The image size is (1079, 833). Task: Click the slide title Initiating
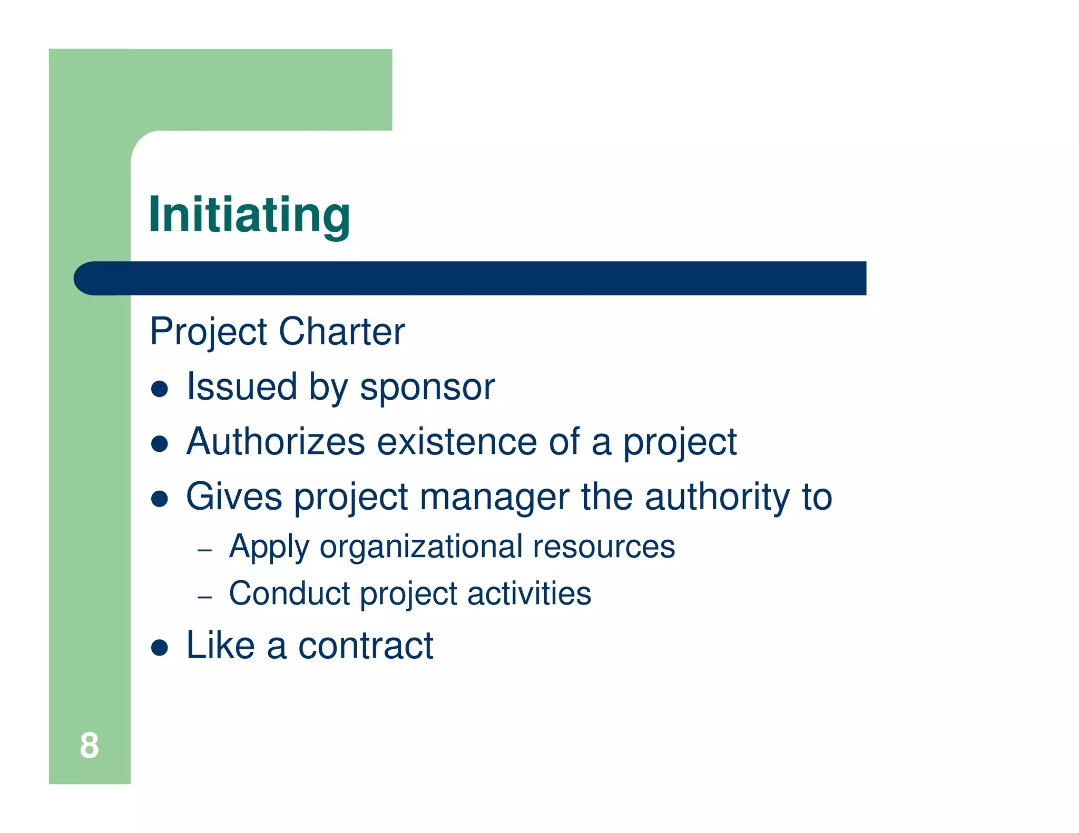tap(249, 215)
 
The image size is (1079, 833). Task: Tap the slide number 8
tap(89, 746)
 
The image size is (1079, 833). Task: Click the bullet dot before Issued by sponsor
tap(159, 389)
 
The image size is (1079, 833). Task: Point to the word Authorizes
tap(276, 442)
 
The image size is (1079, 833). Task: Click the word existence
tap(457, 442)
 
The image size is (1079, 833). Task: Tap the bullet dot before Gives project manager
tap(159, 499)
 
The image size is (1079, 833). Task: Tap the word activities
tap(529, 593)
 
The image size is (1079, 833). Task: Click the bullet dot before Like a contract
tap(159, 648)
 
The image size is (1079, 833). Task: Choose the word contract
tap(366, 646)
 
